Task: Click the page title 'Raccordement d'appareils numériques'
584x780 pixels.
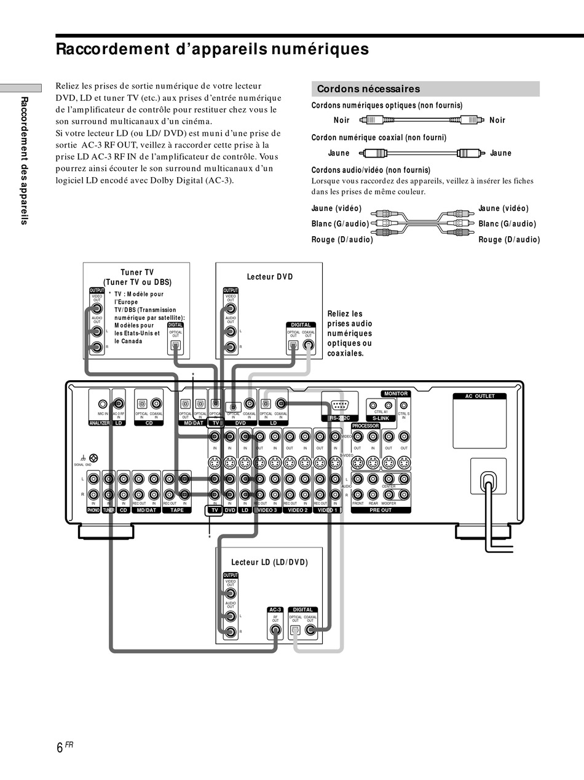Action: [x=212, y=49]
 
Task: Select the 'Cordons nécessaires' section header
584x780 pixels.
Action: [x=368, y=89]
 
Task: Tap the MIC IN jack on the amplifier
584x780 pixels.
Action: [x=102, y=404]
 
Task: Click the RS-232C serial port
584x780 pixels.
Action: [x=339, y=405]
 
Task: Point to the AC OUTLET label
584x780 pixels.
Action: [x=479, y=396]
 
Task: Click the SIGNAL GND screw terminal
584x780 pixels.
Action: [x=93, y=458]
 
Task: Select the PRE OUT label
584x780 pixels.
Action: [x=381, y=510]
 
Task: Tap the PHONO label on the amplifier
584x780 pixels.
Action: [x=93, y=510]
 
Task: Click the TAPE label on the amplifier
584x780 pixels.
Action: [x=176, y=510]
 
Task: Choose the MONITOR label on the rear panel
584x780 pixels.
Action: [x=396, y=394]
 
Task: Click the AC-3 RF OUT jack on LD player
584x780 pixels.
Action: [x=275, y=631]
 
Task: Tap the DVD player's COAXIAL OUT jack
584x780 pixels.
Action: [x=308, y=344]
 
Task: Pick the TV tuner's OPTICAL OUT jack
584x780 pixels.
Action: [x=175, y=344]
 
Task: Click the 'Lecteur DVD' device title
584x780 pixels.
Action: [x=270, y=277]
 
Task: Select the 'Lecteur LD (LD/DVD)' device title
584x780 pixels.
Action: [x=269, y=562]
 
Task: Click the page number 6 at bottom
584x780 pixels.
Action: [x=60, y=747]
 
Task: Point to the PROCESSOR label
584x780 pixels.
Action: [x=365, y=426]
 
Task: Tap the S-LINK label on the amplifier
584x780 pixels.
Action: [x=381, y=418]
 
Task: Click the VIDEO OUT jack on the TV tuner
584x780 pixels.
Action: [x=97, y=309]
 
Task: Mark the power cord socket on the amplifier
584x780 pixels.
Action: [x=489, y=477]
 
